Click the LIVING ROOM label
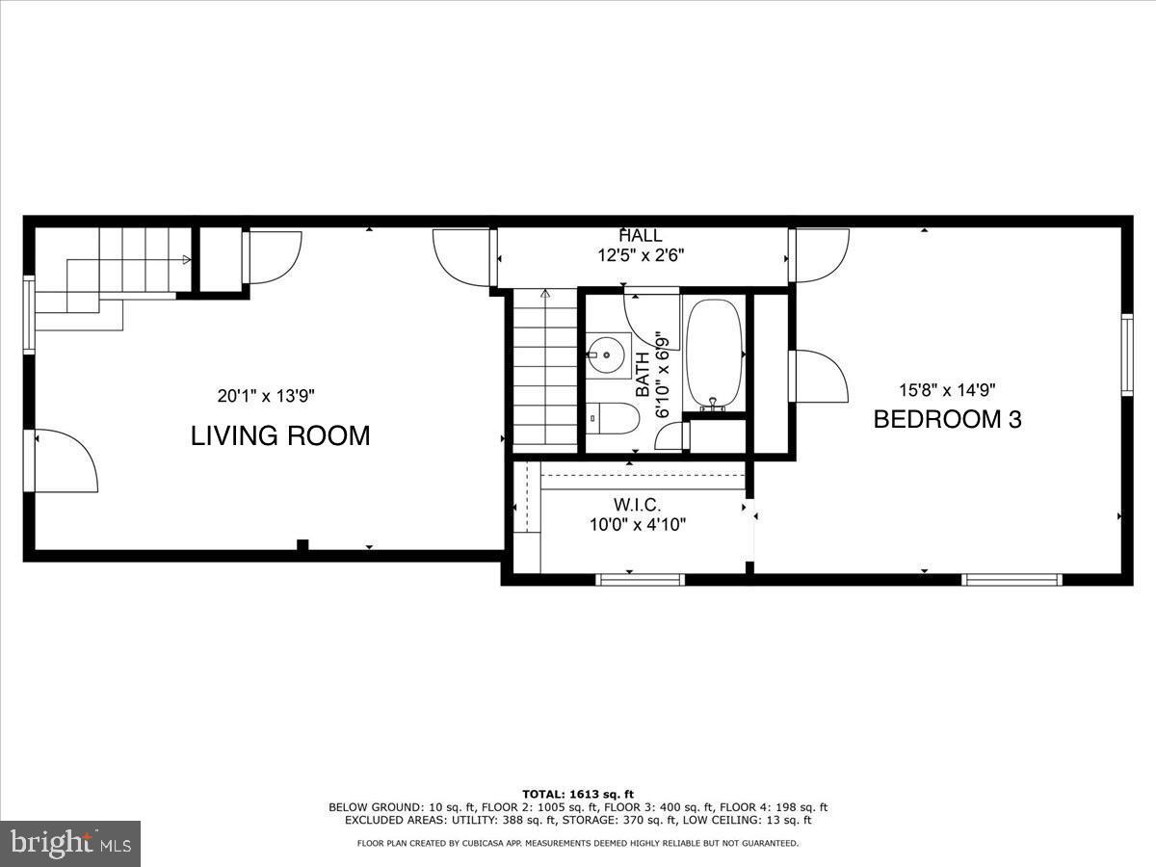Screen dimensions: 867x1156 tap(280, 435)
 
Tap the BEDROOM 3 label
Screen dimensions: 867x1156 tap(947, 419)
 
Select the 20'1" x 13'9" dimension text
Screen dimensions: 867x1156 tap(266, 395)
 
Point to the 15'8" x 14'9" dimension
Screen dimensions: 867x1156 tap(946, 390)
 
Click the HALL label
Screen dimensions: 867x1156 tap(641, 236)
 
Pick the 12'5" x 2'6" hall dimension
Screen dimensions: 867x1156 tap(641, 255)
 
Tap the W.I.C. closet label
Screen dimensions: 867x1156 tap(638, 505)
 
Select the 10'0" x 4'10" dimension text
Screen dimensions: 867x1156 tap(638, 524)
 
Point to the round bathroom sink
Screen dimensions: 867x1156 tap(607, 355)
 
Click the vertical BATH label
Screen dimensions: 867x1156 tap(644, 376)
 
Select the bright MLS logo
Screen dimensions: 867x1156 tap(70, 843)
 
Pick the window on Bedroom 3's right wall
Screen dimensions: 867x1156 tap(1126, 354)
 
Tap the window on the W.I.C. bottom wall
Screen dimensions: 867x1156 tap(640, 579)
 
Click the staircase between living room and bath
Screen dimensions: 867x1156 tap(544, 371)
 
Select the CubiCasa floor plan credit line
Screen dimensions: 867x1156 tap(578, 843)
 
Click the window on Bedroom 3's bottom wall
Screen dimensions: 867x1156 tap(1011, 579)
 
